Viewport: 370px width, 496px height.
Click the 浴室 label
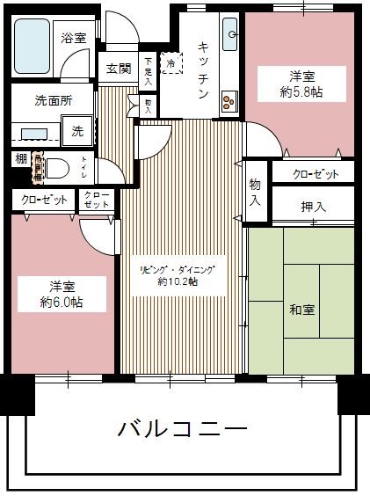(73, 38)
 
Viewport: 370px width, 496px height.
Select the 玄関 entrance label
(119, 69)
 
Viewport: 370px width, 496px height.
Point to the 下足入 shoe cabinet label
(149, 69)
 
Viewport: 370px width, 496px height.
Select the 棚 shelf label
(19, 158)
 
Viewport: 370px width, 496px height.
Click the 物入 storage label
(255, 192)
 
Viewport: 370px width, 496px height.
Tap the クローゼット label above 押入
(313, 174)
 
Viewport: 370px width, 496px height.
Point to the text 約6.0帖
(62, 302)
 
